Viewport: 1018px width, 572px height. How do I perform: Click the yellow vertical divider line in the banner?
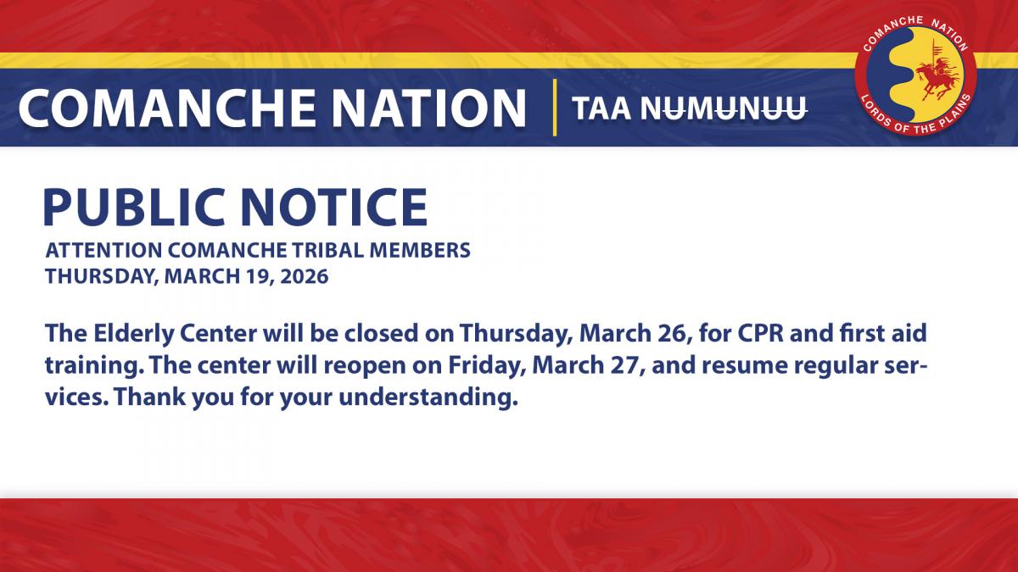tap(554, 108)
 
